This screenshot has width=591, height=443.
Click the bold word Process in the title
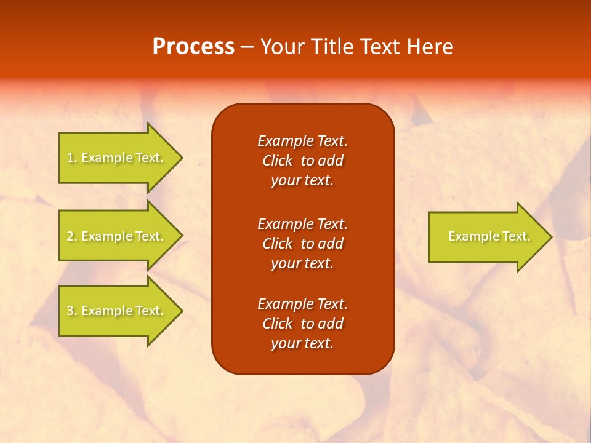[x=193, y=47]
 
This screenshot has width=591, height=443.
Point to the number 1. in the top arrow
[x=72, y=158]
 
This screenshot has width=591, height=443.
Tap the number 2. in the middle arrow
[x=72, y=236]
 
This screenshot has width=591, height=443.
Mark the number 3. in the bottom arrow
[x=72, y=311]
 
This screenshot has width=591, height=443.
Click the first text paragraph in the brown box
[x=302, y=161]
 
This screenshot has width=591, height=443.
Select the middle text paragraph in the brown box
[x=302, y=244]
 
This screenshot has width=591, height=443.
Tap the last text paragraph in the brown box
[x=302, y=324]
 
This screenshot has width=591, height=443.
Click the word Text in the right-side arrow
[x=516, y=236]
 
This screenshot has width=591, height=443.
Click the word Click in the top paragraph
[x=277, y=161]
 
